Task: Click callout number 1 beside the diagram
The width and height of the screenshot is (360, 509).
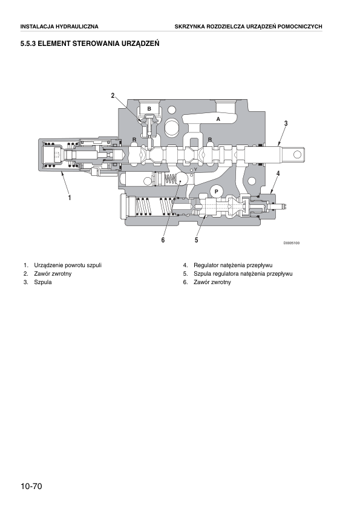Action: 69,197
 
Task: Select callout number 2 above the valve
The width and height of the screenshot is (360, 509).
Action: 113,96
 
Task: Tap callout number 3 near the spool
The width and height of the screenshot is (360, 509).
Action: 286,123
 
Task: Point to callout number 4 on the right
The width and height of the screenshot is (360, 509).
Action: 278,173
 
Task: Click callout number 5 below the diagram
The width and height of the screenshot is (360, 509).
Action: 197,240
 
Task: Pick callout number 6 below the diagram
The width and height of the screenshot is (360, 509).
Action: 163,240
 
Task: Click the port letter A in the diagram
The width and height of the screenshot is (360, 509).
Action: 218,119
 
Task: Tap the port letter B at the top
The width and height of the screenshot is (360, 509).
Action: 149,109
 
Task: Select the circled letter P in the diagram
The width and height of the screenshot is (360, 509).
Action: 216,192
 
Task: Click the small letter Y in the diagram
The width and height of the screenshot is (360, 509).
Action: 195,169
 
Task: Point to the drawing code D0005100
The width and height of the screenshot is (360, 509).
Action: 292,243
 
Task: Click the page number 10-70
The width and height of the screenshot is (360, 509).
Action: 31,486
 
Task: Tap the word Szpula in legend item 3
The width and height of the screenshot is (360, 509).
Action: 43,282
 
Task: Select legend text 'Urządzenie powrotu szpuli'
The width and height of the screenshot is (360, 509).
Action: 68,265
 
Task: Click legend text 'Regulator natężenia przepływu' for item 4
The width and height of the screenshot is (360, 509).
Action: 233,265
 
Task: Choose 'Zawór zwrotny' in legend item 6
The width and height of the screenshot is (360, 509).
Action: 212,282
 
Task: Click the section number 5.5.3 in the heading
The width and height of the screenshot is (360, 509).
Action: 28,44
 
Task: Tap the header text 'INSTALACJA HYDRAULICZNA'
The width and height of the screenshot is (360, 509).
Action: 59,27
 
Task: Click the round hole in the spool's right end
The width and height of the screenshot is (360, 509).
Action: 296,154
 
